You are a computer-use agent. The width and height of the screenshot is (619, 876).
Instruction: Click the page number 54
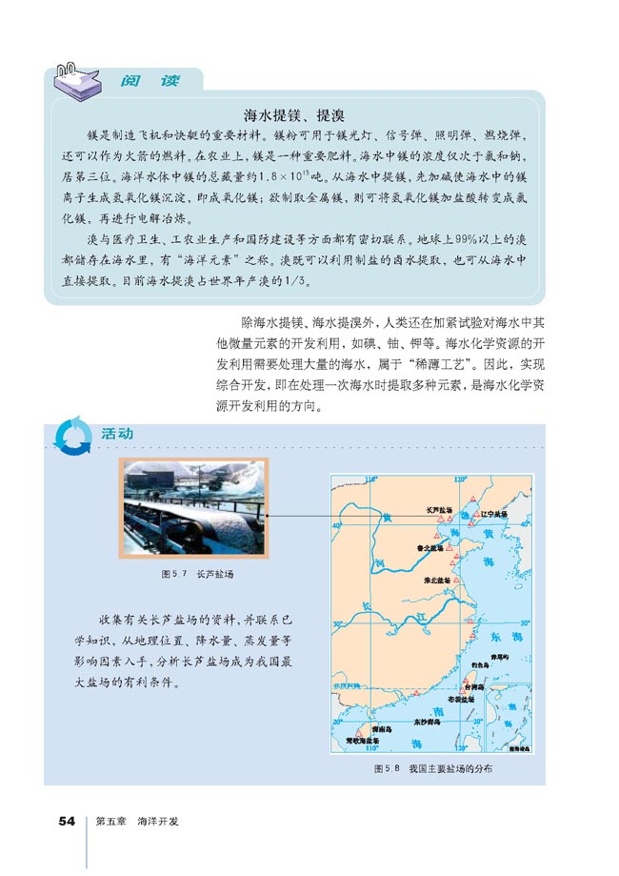pos(67,821)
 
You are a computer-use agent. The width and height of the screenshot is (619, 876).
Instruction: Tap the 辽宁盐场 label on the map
pos(493,513)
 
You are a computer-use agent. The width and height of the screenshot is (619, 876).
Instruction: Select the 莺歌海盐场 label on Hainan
pos(361,740)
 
